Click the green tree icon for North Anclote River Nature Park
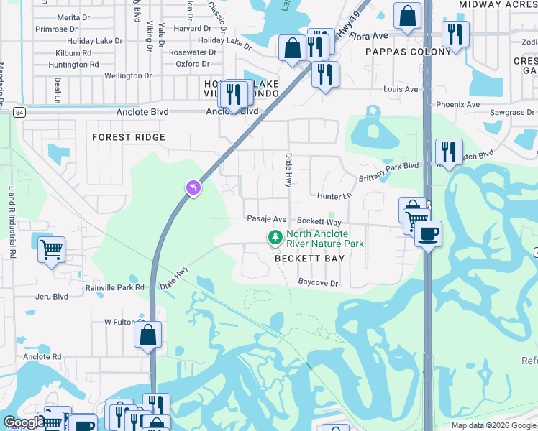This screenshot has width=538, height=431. [x=274, y=237]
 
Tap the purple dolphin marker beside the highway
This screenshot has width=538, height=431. [x=193, y=188]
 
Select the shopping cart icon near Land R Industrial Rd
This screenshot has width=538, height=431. [x=51, y=251]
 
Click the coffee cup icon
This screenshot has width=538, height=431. [x=428, y=233]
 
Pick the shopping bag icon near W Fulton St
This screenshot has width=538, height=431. [x=147, y=335]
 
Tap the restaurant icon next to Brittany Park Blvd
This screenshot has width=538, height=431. [x=449, y=152]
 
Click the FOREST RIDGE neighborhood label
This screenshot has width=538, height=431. [x=129, y=137]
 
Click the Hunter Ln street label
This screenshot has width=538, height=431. [x=334, y=195]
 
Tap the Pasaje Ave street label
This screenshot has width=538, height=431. [x=267, y=219]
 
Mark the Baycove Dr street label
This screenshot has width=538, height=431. [x=318, y=283]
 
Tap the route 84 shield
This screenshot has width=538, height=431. [x=19, y=113]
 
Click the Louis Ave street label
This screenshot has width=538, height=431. [x=401, y=90]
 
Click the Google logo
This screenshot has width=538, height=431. [x=24, y=422]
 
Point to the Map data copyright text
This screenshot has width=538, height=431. [x=493, y=425]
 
